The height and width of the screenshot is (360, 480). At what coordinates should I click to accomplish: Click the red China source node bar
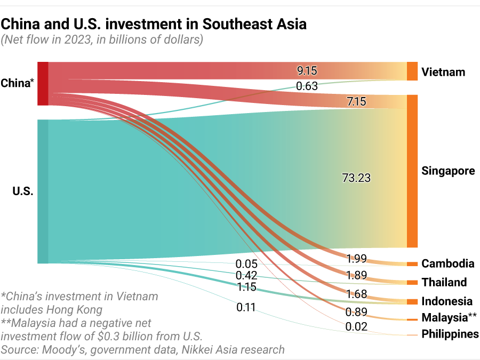click(x=43, y=83)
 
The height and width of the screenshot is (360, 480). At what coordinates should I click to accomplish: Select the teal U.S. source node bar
click(x=43, y=191)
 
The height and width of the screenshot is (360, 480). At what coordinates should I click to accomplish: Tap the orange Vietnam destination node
click(x=412, y=71)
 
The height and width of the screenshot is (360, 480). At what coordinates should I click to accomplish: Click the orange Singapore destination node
click(x=412, y=171)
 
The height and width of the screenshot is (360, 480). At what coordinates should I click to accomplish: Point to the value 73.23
click(x=356, y=178)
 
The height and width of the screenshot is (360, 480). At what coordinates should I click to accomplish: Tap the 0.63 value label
click(x=307, y=85)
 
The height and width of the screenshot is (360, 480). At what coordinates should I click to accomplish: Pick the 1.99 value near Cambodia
click(x=356, y=259)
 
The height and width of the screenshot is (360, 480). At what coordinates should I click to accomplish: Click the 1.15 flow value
click(x=246, y=287)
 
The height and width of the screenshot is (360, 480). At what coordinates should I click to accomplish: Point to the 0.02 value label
click(x=356, y=326)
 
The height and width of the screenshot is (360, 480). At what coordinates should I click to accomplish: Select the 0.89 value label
click(x=356, y=312)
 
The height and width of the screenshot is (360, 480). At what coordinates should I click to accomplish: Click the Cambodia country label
click(x=447, y=263)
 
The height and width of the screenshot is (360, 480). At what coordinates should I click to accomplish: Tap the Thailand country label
click(x=444, y=282)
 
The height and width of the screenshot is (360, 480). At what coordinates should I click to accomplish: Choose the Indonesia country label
click(x=447, y=301)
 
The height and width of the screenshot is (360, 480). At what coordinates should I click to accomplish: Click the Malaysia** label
click(x=449, y=318)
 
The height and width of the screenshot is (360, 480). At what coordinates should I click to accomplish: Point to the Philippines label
click(x=450, y=334)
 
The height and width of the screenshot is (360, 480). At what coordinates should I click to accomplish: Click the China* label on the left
click(x=18, y=83)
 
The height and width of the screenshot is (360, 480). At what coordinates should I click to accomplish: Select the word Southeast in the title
click(x=234, y=24)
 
